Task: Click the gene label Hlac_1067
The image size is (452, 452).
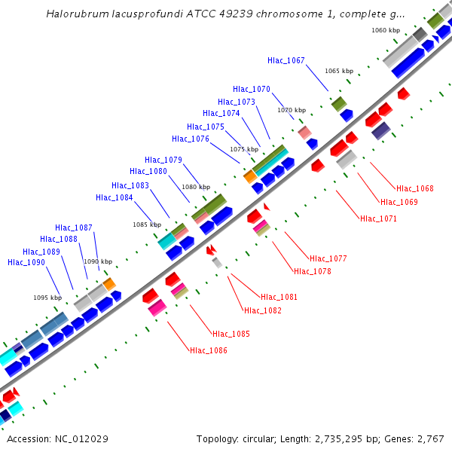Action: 286,60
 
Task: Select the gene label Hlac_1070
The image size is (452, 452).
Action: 252,89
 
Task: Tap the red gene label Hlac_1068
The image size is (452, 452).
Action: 415,188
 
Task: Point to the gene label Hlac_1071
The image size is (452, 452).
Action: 378,218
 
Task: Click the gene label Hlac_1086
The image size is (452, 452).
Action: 209,350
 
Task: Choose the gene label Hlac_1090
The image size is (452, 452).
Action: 26,262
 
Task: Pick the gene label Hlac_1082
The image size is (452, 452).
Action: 263,310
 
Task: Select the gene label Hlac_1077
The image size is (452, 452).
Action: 328,258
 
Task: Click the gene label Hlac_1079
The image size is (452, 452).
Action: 163,160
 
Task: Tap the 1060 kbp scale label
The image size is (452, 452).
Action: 385,30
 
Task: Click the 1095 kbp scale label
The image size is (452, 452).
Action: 47,298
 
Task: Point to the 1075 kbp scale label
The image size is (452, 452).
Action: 243,149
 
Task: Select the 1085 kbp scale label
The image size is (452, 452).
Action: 147,224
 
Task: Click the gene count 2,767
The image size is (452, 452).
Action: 430,438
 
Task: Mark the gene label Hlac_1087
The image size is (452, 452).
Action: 74,228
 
